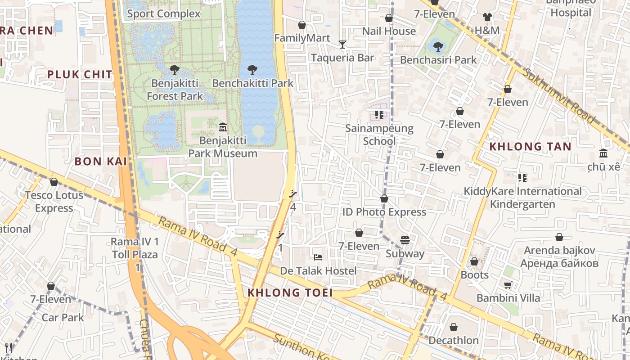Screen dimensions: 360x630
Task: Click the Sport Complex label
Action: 163,13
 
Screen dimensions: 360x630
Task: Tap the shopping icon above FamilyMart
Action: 302,25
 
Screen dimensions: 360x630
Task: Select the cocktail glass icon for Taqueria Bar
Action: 342,44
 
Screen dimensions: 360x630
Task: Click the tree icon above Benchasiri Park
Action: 438,46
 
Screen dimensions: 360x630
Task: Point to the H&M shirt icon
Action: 487,17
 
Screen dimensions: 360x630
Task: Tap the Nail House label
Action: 389,31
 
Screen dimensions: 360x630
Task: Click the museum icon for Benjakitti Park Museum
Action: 222,127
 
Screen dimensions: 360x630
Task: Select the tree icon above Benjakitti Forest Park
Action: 174,70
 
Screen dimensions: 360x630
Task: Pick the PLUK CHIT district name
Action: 80,75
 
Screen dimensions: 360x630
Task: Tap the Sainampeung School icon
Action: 379,115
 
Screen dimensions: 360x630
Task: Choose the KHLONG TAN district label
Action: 530,146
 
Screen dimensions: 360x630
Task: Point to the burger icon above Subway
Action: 405,240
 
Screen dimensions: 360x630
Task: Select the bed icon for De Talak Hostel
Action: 318,257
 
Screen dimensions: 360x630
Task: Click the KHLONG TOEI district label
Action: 290,292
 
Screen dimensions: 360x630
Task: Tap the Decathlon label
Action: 453,340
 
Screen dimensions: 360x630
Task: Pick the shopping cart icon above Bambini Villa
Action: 508,284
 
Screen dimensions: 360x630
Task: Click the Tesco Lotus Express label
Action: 54,202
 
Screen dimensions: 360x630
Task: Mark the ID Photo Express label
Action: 384,212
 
